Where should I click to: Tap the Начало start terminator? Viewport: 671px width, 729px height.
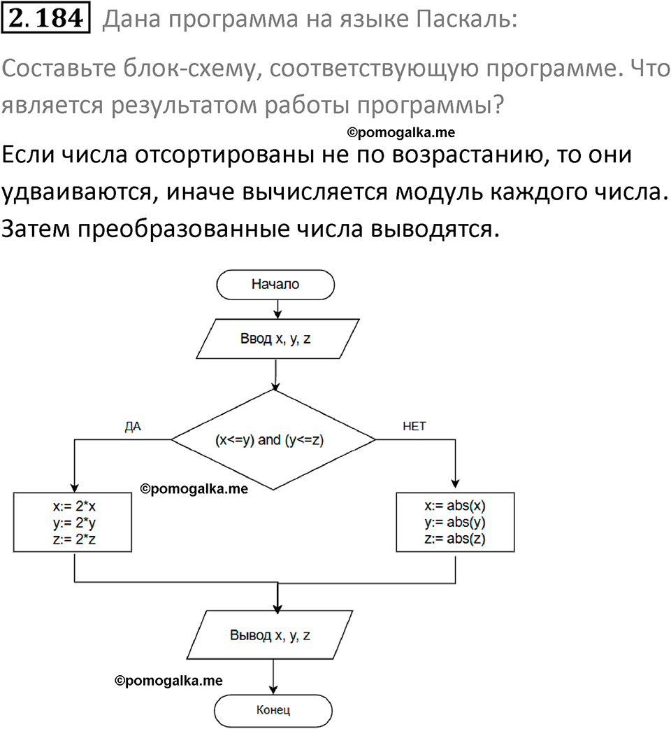coord(275,285)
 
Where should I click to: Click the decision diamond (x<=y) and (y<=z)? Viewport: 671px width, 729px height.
coord(273,440)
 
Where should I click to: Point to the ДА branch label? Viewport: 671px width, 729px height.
coord(133,426)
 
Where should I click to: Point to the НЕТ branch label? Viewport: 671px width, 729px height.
coord(414,426)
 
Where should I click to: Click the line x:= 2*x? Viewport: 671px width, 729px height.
coord(73,507)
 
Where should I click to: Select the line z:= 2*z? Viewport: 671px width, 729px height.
coord(73,539)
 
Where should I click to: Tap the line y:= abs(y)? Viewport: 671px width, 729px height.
coord(455,523)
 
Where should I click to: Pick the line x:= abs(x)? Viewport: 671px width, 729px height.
coord(455,507)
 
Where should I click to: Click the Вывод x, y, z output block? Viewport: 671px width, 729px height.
coord(270,636)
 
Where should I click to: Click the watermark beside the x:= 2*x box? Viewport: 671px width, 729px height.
coord(194,490)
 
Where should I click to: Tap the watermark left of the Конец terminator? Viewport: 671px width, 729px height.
coord(168,679)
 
